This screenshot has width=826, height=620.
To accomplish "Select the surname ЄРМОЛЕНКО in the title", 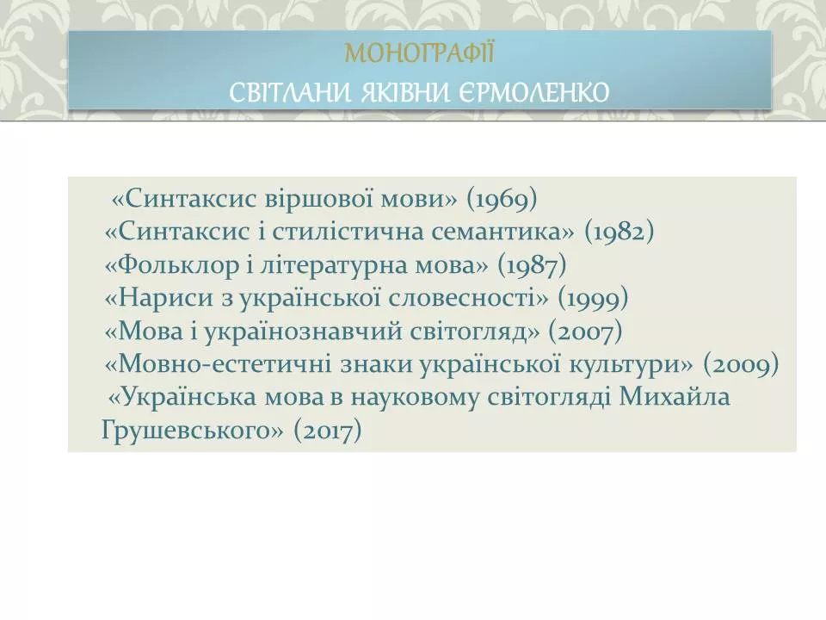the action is (x=533, y=91).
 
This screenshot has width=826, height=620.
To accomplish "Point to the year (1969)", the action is (x=502, y=200).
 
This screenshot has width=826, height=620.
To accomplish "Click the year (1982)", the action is (x=619, y=232).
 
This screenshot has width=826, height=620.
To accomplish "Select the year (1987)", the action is (x=533, y=265).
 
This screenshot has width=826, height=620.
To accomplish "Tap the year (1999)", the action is (x=594, y=298).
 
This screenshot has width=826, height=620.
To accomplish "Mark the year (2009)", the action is (x=741, y=364).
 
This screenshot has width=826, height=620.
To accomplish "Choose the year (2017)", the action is (x=327, y=430).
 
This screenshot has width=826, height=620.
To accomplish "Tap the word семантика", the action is (x=520, y=232).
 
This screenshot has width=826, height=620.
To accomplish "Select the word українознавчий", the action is (x=334, y=331).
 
